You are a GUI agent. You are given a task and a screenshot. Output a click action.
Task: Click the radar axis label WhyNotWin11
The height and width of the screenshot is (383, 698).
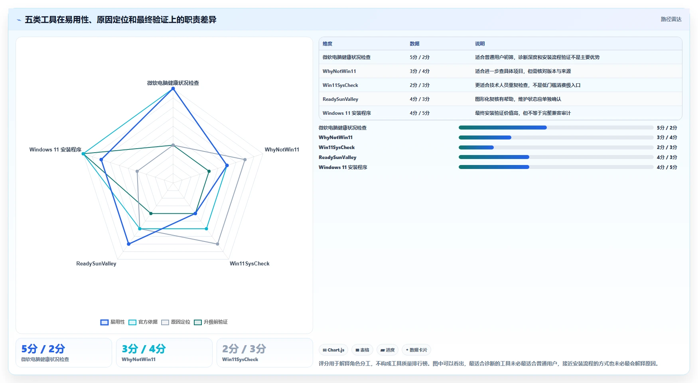[x=282, y=150]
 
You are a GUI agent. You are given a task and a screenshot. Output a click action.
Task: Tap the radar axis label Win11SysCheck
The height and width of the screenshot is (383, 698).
[x=249, y=264]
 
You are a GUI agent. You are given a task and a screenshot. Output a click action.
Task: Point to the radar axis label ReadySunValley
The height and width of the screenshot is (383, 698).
[x=96, y=264]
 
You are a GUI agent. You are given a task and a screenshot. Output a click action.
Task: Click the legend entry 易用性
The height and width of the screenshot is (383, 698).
[x=112, y=322]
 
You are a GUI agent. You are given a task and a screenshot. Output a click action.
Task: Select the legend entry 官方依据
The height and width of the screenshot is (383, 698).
[x=143, y=322]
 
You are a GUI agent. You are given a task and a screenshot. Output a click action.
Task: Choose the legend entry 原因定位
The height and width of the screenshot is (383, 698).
[x=175, y=322]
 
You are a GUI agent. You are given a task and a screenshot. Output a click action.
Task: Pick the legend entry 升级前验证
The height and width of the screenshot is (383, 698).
[x=211, y=322]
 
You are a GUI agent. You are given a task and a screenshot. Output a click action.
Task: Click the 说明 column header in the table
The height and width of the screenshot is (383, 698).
[x=480, y=44]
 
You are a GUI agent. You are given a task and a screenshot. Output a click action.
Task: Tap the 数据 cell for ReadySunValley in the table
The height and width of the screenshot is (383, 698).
[x=420, y=99]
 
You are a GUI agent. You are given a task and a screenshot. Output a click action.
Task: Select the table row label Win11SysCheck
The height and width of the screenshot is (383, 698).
[x=340, y=85]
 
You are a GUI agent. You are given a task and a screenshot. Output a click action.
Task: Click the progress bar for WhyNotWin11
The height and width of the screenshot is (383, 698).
[x=556, y=137]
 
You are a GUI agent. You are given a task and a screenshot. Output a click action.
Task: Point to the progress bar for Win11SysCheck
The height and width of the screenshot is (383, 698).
[x=556, y=147]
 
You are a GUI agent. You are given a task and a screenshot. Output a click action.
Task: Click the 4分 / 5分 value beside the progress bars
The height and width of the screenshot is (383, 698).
[x=667, y=167]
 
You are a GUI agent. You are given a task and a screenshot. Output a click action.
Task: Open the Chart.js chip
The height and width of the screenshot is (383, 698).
[x=333, y=350]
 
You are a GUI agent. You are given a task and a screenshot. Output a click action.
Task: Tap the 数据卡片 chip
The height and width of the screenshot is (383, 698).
[x=416, y=350]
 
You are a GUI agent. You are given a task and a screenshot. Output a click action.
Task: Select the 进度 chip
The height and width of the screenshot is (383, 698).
[x=387, y=350]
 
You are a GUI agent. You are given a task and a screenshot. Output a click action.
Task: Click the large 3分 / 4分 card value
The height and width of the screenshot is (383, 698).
[x=144, y=349]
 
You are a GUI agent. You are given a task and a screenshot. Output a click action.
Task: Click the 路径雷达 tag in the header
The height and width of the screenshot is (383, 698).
[x=671, y=19]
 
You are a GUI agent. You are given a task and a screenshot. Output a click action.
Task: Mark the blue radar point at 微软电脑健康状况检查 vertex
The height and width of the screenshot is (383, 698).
[x=173, y=89]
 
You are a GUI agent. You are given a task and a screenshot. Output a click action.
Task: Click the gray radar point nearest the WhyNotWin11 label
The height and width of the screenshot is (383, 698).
[x=245, y=159]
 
